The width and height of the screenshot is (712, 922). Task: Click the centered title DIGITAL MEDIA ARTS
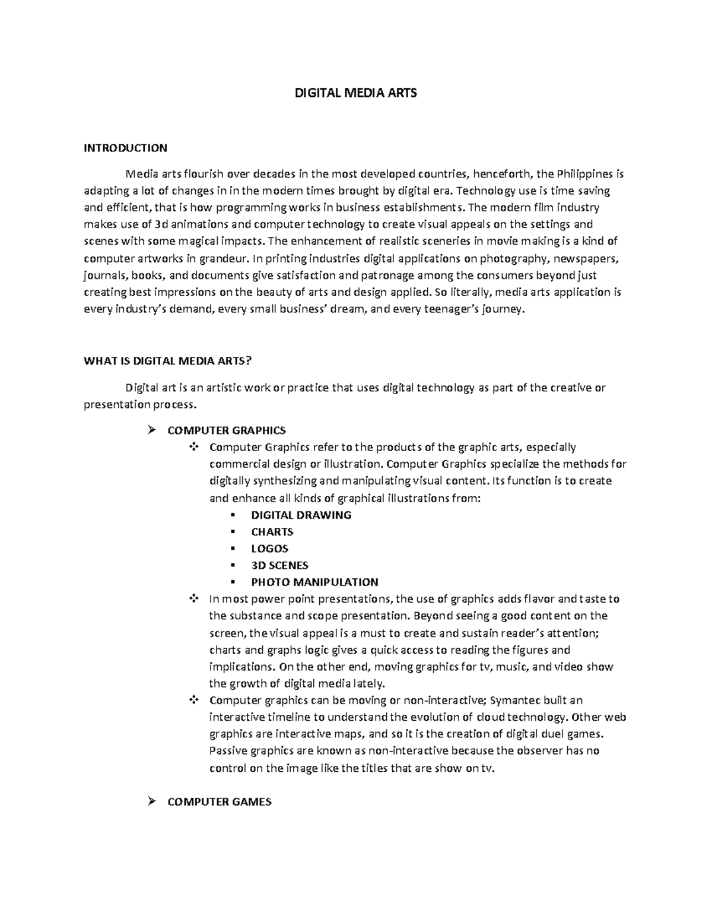click(356, 93)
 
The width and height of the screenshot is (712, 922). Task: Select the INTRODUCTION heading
click(125, 148)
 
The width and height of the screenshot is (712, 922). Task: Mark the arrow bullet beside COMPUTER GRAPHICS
click(151, 430)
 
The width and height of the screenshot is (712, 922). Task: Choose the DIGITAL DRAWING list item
click(301, 515)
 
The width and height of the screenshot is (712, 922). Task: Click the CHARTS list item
click(272, 532)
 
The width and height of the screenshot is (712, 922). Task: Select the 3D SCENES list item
click(279, 565)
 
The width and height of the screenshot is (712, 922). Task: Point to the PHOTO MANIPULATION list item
click(314, 582)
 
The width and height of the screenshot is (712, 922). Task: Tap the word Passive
click(228, 751)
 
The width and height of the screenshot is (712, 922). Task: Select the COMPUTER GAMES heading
click(220, 802)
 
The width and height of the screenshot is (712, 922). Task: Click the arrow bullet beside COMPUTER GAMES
click(151, 801)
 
